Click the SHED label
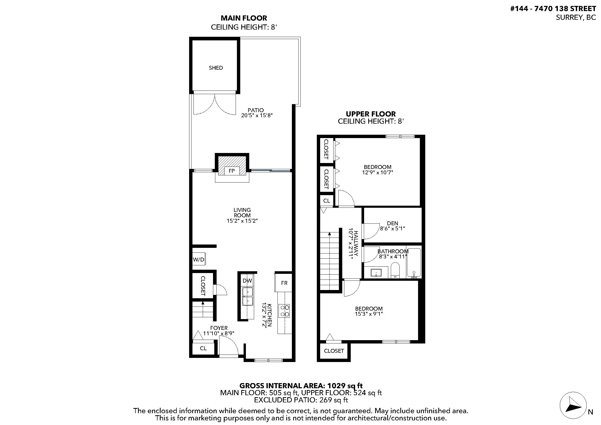point(216,68)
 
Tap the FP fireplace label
point(232,171)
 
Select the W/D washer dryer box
point(199,259)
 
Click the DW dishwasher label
point(247,281)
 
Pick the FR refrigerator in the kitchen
point(283,283)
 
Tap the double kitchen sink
point(248,296)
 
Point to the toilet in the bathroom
point(395,271)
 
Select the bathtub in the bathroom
point(414,263)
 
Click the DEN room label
point(392,223)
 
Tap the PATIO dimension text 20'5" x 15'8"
point(257,115)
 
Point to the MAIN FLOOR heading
point(244,18)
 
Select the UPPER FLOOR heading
point(371,114)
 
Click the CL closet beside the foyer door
point(203,348)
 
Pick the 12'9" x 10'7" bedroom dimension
point(377,173)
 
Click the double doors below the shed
point(215,104)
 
